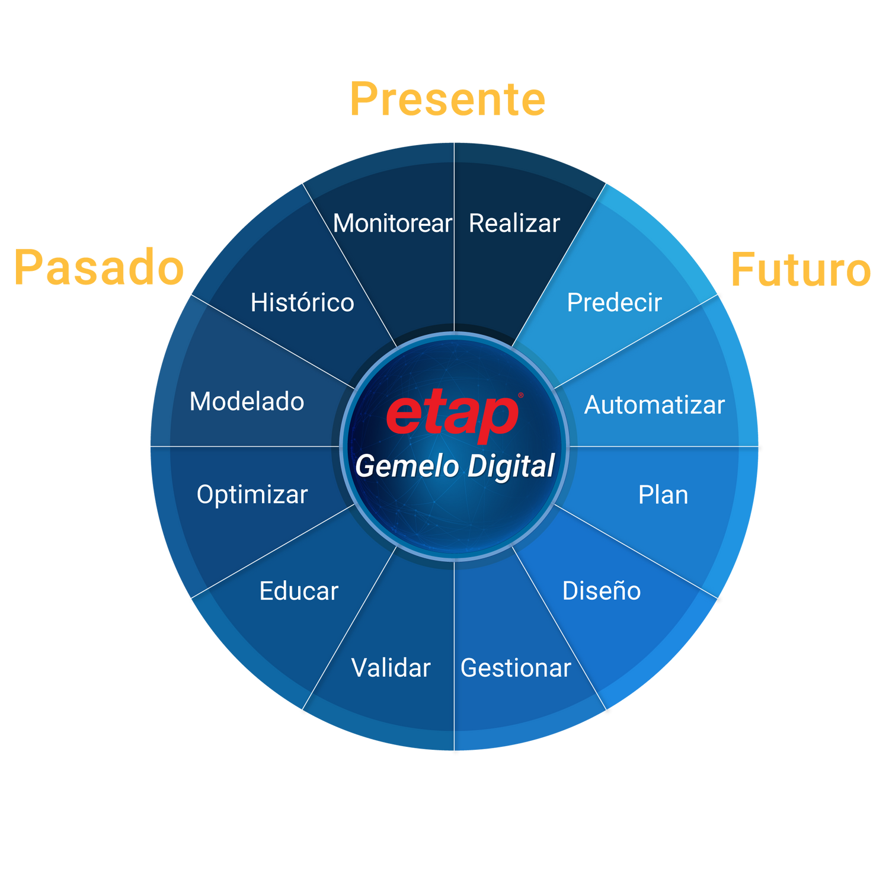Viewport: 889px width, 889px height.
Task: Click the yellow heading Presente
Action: pyautogui.click(x=447, y=100)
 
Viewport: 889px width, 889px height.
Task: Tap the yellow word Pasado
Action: pyautogui.click(x=99, y=267)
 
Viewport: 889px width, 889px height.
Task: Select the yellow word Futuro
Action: pyautogui.click(x=801, y=270)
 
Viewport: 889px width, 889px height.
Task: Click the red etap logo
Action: pyautogui.click(x=452, y=415)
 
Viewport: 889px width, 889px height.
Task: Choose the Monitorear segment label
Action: pyautogui.click(x=392, y=223)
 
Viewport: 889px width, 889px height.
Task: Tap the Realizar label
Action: pyautogui.click(x=514, y=223)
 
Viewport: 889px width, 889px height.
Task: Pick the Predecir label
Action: pyautogui.click(x=614, y=303)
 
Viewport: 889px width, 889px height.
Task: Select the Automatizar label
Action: pyautogui.click(x=654, y=405)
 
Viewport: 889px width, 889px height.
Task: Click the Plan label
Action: pyautogui.click(x=663, y=495)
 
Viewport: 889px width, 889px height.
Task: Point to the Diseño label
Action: pyautogui.click(x=601, y=591)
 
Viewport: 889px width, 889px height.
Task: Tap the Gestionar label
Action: pyautogui.click(x=516, y=668)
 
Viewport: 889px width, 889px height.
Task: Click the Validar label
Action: pyautogui.click(x=391, y=668)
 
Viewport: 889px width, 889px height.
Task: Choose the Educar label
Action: pyautogui.click(x=299, y=591)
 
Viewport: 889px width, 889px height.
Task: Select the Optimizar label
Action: pyautogui.click(x=252, y=495)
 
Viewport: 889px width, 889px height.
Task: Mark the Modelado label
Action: pyautogui.click(x=247, y=402)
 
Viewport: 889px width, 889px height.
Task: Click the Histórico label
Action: pyautogui.click(x=302, y=303)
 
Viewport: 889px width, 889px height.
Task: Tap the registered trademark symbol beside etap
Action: pyautogui.click(x=521, y=395)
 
